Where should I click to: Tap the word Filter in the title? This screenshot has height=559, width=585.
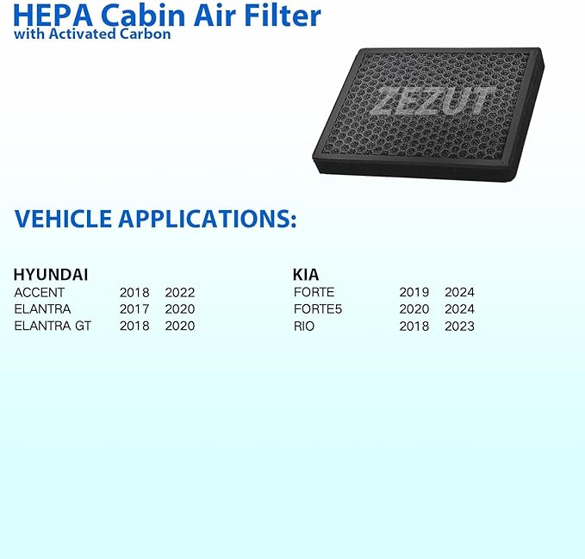[280, 16]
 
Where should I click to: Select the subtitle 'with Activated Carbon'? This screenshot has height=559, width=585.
[92, 34]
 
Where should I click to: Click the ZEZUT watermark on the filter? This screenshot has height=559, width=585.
[432, 100]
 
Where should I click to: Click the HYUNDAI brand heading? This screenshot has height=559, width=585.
[51, 275]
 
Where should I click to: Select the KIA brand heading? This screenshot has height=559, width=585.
[306, 275]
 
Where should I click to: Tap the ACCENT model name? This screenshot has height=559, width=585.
[39, 293]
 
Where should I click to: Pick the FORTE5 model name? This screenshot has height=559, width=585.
[318, 309]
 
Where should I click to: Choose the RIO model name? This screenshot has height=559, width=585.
[303, 326]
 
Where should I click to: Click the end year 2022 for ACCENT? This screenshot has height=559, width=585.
[179, 293]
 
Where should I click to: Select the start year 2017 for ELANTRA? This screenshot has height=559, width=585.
[134, 309]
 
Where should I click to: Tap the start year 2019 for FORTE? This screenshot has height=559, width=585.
[414, 293]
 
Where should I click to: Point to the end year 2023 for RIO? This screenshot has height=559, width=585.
[459, 326]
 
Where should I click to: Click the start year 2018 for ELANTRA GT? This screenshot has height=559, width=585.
[134, 326]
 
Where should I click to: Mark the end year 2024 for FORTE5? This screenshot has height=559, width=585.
[459, 309]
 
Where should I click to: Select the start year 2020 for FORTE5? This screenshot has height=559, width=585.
[414, 309]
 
